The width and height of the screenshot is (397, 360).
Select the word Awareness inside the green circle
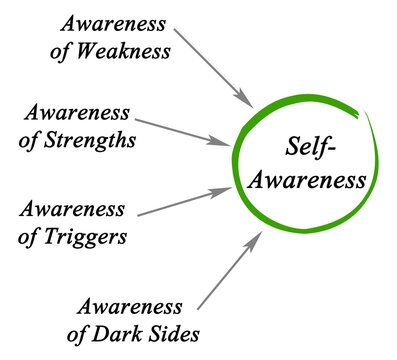coord(310,183)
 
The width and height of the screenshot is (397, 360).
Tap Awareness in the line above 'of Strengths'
coord(78,113)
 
